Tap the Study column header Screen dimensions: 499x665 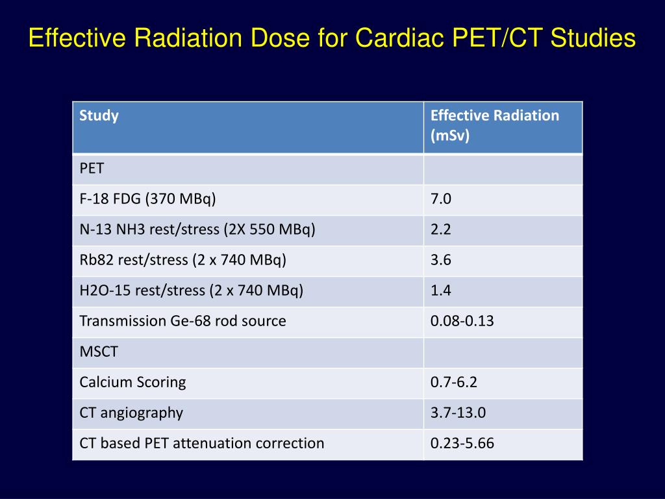click(x=99, y=116)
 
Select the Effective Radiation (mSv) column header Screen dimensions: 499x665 click(x=494, y=126)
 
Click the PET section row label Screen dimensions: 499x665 click(x=92, y=169)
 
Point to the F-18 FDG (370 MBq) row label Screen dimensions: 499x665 click(x=147, y=199)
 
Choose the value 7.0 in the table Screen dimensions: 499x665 click(x=440, y=199)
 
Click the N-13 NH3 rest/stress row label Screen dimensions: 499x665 click(x=197, y=230)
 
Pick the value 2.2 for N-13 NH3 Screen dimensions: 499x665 click(x=440, y=230)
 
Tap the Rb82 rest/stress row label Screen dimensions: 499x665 click(x=182, y=261)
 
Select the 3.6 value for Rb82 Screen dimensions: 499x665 click(x=440, y=261)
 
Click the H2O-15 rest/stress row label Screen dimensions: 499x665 click(x=191, y=291)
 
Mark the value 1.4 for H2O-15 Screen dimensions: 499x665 click(x=440, y=291)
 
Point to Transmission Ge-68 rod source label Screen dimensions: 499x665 click(x=182, y=321)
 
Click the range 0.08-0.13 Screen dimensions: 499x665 click(x=462, y=321)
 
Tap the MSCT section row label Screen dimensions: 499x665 click(x=99, y=352)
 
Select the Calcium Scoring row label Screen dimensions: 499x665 click(x=132, y=382)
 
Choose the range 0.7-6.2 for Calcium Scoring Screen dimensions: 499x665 click(x=453, y=382)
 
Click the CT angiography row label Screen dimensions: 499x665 click(x=131, y=413)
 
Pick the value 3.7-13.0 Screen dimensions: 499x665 click(x=457, y=413)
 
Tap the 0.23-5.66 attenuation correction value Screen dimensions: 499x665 click(x=462, y=443)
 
